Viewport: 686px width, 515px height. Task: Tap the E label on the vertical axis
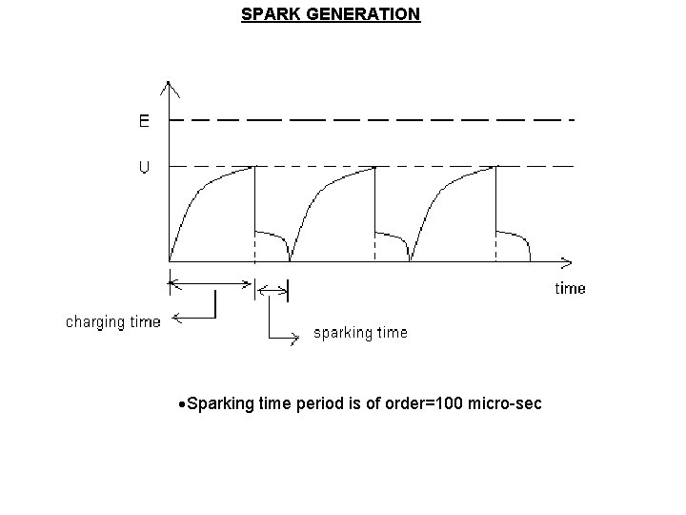coord(144,121)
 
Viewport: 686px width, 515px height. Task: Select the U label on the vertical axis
coord(144,167)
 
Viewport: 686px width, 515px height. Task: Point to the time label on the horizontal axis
coord(570,288)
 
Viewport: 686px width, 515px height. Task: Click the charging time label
coord(112,322)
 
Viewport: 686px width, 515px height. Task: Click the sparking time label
coord(360,333)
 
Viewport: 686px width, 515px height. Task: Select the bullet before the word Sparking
coord(182,405)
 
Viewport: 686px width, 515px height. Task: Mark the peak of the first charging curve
coord(254,167)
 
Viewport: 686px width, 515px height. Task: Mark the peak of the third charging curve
coord(495,167)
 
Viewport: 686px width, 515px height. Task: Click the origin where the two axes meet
coord(170,259)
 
